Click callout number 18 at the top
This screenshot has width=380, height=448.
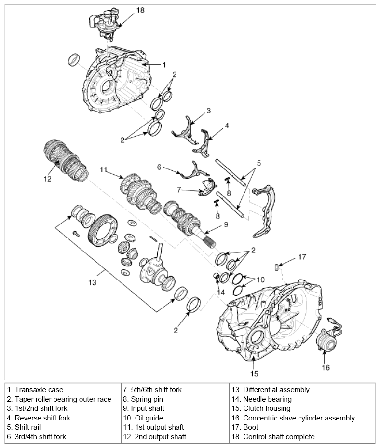[x=140, y=10]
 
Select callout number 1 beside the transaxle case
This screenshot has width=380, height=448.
[x=164, y=64]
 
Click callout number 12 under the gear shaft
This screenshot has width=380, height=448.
[x=47, y=179]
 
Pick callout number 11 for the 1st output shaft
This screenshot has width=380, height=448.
[x=103, y=169]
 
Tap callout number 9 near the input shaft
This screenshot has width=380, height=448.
[x=226, y=224]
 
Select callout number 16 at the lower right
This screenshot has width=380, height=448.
[x=326, y=368]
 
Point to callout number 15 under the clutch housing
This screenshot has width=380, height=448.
[x=254, y=373]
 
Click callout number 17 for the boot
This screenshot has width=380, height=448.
[x=302, y=257]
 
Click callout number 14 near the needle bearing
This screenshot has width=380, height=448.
[x=220, y=292]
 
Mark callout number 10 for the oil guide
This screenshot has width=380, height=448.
[x=260, y=280]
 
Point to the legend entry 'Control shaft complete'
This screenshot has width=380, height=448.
[x=273, y=437]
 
